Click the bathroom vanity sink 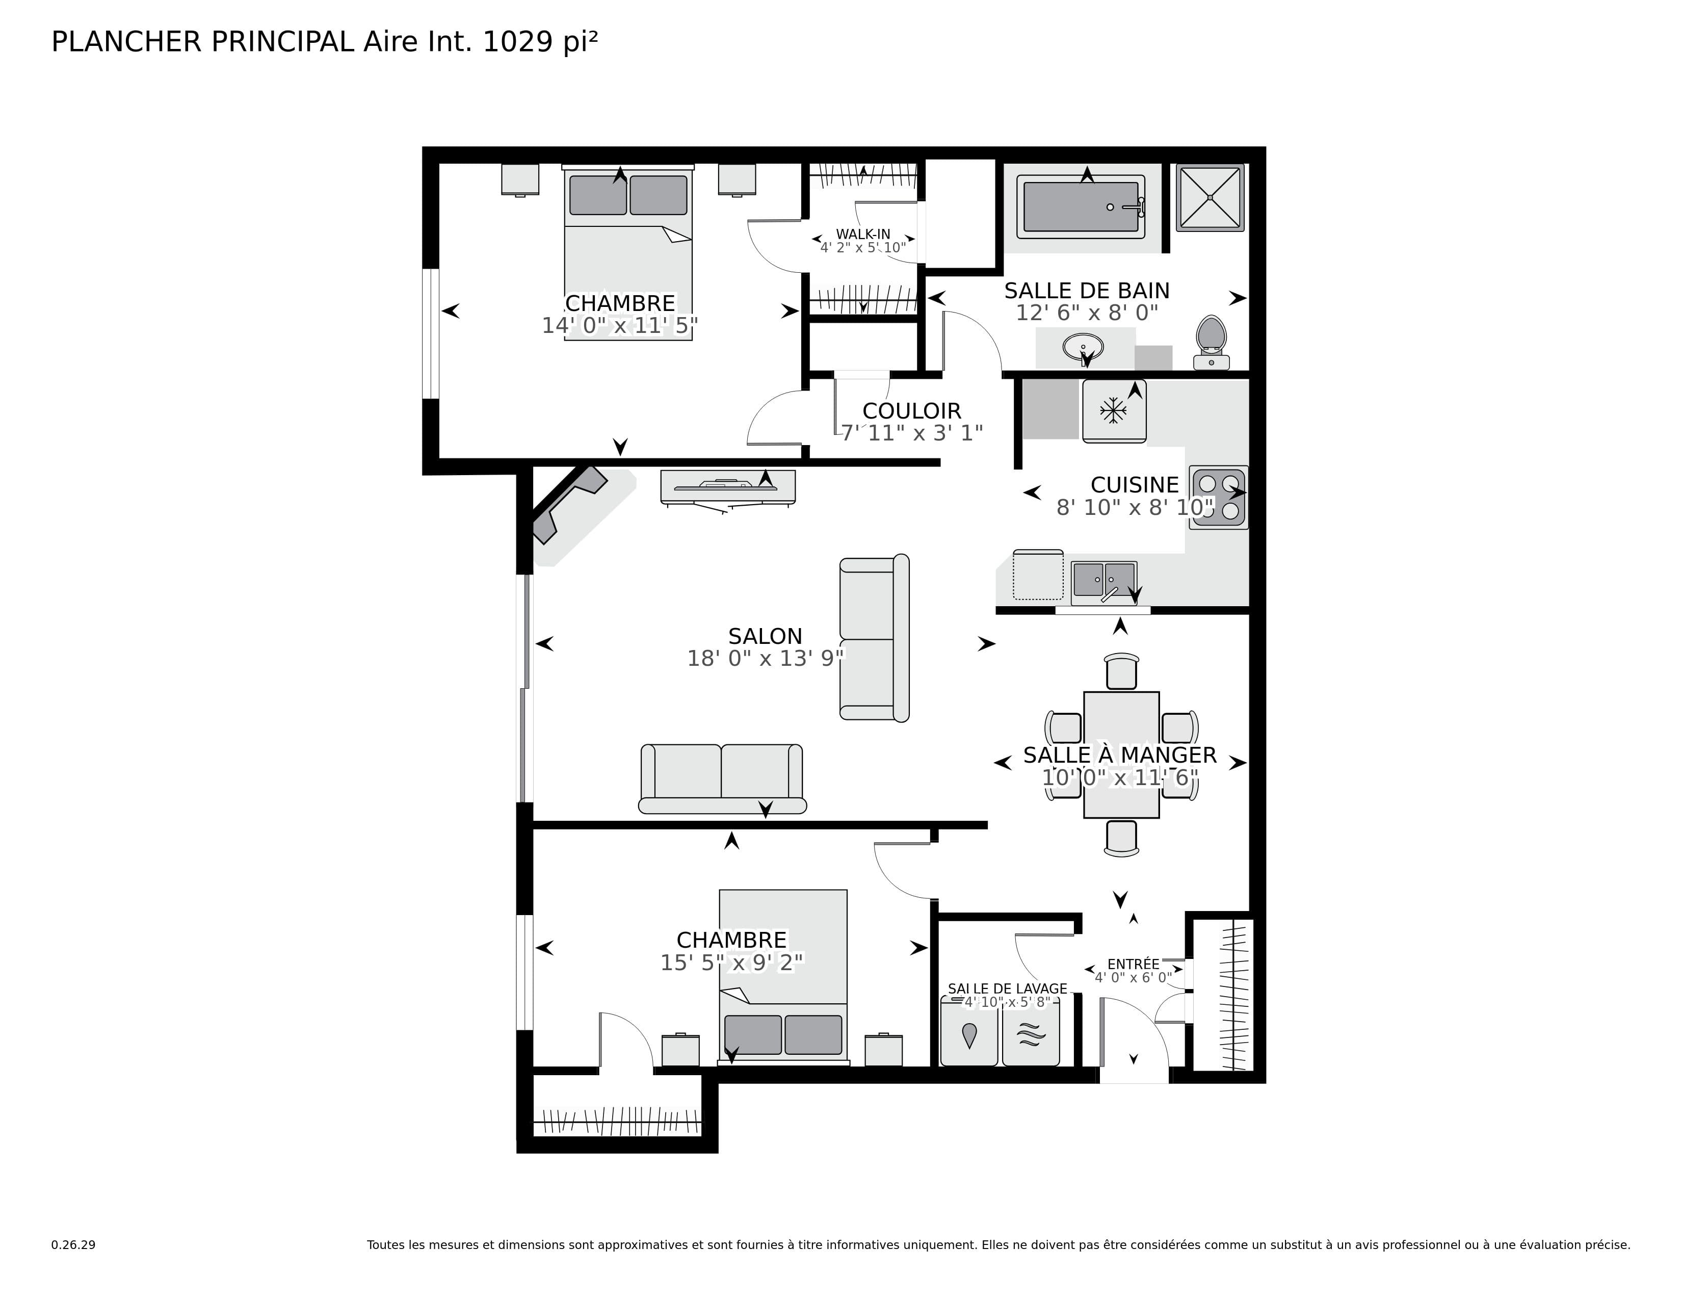1083,347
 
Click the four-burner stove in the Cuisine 1218,497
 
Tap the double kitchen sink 1103,582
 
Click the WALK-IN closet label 862,234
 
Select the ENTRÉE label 1133,964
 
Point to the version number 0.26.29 73,1244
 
